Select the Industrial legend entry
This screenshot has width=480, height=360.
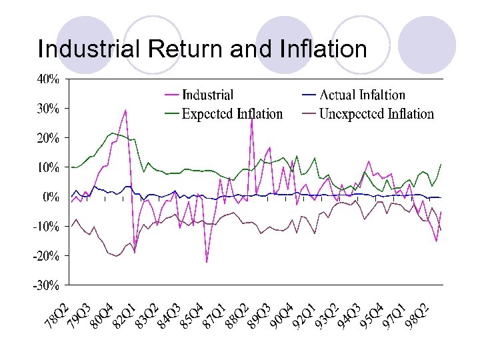click(207, 96)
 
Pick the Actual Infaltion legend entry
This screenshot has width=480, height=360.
click(363, 96)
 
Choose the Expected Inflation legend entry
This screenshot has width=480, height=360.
click(232, 114)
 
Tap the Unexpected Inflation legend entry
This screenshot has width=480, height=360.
click(377, 114)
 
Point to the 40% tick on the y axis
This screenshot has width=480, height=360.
click(47, 79)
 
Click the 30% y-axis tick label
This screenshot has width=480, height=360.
click(47, 108)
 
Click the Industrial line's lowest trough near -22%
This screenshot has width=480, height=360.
click(207, 262)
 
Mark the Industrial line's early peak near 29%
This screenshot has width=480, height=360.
click(125, 110)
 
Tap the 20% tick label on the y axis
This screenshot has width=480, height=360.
click(47, 138)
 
